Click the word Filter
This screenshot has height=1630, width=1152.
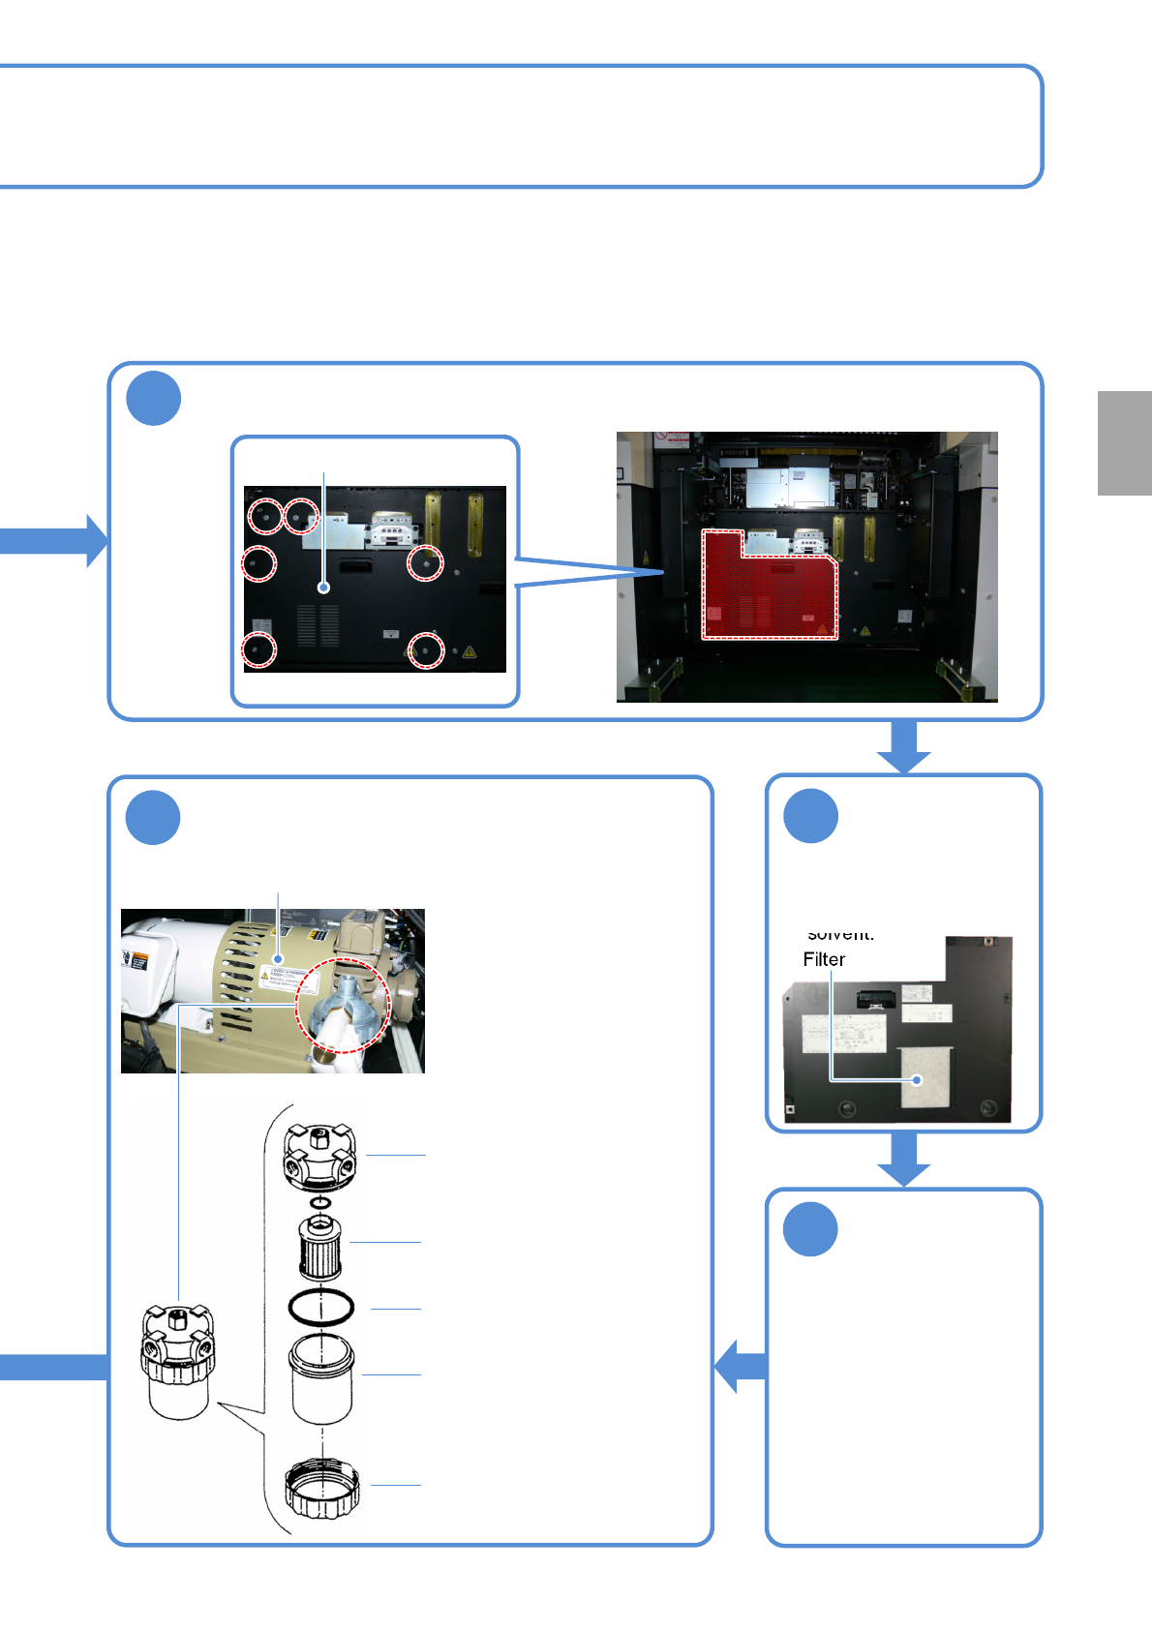(824, 959)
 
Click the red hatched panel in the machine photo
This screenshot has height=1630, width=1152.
(770, 591)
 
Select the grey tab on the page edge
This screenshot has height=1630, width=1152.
(1124, 442)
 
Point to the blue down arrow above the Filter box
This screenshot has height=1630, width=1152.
(904, 747)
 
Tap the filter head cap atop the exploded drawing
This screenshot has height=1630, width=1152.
(319, 1156)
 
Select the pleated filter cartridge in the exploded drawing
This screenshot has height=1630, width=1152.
(319, 1248)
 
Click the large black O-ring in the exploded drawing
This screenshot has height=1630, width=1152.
(321, 1308)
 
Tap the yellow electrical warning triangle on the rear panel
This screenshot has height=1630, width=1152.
(470, 652)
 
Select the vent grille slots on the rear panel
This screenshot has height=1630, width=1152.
(318, 626)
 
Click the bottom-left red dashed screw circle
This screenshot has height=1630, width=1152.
(258, 649)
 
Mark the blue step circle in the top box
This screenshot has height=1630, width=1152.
(154, 399)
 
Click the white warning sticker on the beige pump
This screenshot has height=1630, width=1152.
(288, 977)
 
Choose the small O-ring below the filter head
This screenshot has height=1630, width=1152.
(320, 1202)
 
